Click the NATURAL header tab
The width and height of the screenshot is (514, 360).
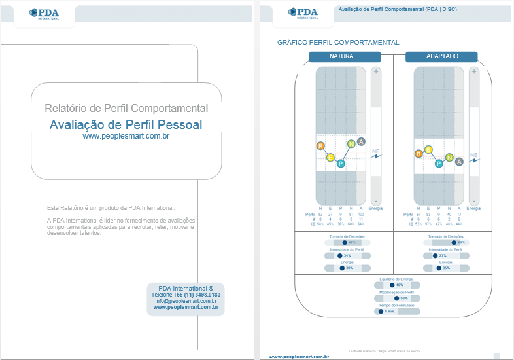coord(343,57)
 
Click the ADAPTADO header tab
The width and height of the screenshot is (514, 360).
coord(441,57)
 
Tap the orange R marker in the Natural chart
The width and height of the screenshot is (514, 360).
coord(320,145)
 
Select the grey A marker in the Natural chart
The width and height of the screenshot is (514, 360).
coord(362,142)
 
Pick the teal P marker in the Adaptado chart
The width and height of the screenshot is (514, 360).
coord(439,163)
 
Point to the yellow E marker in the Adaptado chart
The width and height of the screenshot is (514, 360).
coord(428,149)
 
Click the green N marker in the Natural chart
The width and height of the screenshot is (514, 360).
coord(351,144)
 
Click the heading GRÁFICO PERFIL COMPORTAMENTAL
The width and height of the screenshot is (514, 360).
coord(338,42)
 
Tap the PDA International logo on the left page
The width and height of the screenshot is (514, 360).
coord(44,14)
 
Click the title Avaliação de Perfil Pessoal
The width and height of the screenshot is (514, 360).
coord(126,124)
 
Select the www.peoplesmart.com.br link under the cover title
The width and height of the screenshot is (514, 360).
coord(126,136)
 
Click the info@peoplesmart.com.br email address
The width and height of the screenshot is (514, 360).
coord(186,301)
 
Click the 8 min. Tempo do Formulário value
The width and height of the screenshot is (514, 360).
coord(390,311)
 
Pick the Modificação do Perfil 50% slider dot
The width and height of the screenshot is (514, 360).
coord(396,298)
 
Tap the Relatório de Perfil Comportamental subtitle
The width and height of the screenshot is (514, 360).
coord(126,108)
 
